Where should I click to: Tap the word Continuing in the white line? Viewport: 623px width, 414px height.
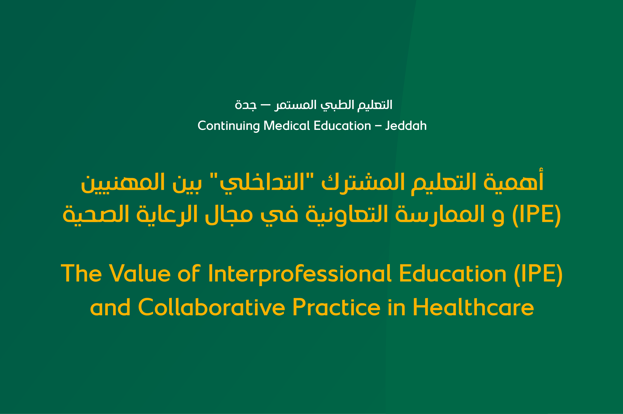pos(228,126)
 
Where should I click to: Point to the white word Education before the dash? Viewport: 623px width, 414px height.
pos(342,126)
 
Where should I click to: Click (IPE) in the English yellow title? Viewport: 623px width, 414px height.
pos(538,274)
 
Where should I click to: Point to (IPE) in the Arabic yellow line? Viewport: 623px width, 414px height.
pos(536,214)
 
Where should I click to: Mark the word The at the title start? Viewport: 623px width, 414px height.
pos(81,274)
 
